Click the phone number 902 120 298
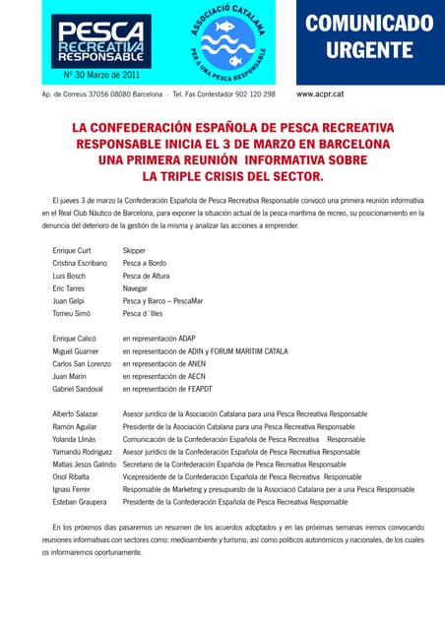(252, 94)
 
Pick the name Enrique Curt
(72, 251)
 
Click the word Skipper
(135, 251)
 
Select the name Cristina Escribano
(80, 266)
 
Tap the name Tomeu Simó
(71, 313)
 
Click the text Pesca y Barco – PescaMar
(161, 297)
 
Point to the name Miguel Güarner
(77, 351)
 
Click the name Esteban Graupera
(81, 501)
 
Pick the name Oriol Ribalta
(73, 476)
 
